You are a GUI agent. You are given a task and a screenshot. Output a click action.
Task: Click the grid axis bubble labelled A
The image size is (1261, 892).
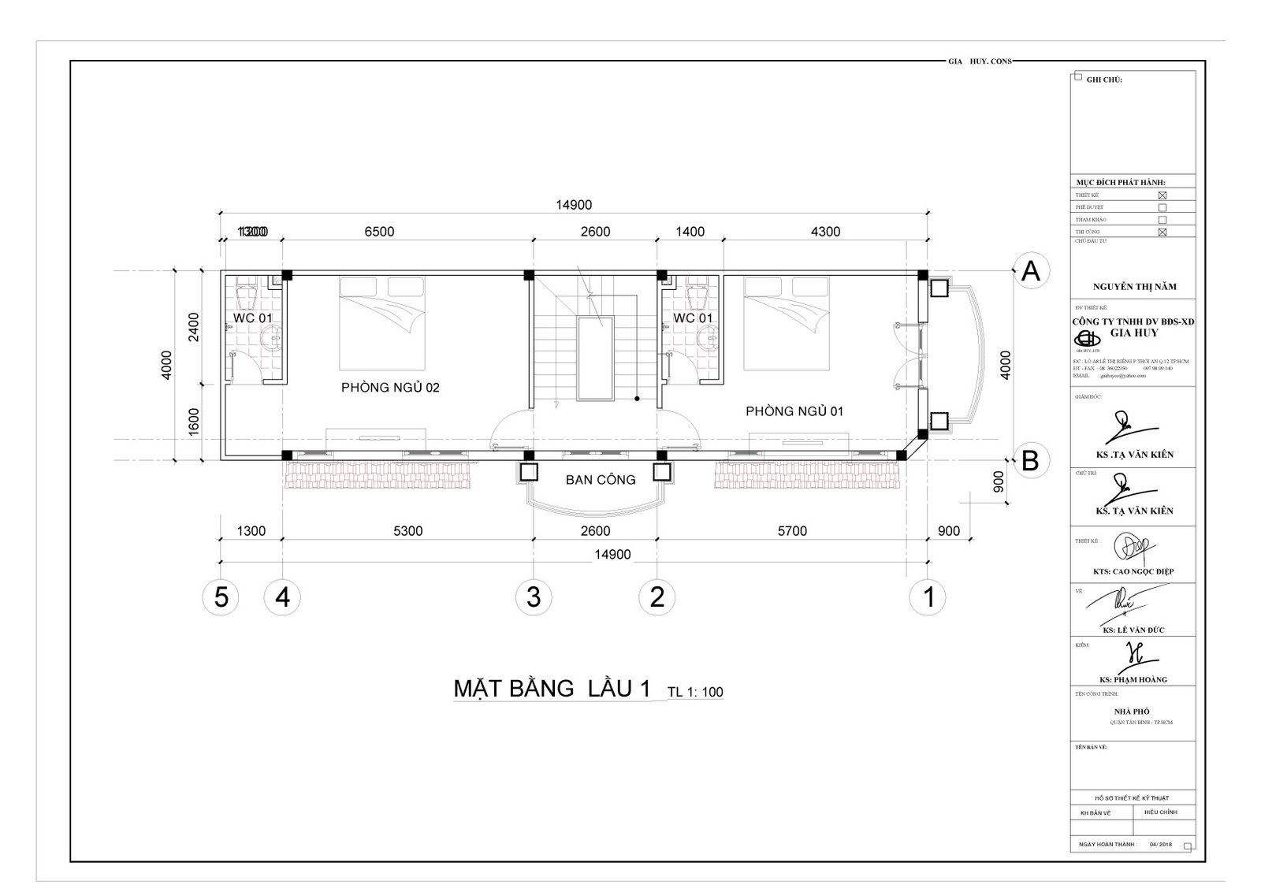(1030, 271)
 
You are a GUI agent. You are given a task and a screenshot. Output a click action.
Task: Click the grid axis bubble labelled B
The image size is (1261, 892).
(1030, 460)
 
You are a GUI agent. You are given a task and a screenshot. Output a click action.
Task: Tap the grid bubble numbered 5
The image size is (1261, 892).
(221, 597)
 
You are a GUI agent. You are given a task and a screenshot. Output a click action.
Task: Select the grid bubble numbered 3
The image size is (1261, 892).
(534, 597)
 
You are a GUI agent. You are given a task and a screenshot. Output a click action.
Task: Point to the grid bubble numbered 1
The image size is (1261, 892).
(928, 597)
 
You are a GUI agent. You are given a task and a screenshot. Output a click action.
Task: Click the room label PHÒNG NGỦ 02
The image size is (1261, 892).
(390, 388)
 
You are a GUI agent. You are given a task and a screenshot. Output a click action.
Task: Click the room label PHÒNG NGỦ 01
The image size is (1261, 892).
(794, 411)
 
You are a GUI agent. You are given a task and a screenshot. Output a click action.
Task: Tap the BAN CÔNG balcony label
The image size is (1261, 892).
(601, 480)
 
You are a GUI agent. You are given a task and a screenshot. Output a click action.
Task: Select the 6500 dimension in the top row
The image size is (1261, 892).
(379, 232)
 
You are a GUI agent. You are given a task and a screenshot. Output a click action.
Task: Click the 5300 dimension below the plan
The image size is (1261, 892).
(408, 531)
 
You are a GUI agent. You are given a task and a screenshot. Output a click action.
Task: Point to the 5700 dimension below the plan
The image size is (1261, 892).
(792, 531)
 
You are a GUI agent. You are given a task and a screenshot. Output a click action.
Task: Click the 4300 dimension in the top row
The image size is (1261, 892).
(825, 232)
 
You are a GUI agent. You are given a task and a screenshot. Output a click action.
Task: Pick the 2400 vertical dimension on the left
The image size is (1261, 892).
(194, 327)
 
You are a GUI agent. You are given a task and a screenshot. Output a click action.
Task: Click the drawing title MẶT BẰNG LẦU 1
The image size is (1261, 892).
(552, 689)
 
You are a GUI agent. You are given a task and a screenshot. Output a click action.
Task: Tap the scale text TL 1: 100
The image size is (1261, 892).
(695, 693)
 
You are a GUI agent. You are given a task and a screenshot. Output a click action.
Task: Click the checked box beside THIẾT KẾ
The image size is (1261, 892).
(1162, 195)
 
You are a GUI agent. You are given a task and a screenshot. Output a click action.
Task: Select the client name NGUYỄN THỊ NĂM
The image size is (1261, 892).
(1134, 287)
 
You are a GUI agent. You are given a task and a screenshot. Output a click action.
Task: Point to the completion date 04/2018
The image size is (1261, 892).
(1161, 845)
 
